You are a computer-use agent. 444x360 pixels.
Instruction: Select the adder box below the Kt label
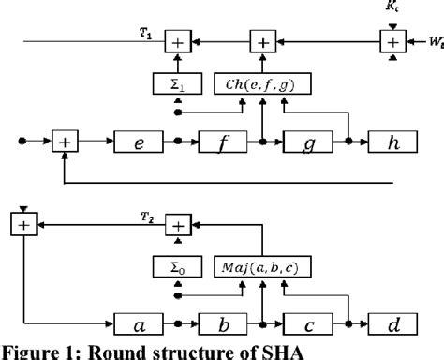click(391, 41)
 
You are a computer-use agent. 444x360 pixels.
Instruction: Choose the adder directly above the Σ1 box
click(178, 41)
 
